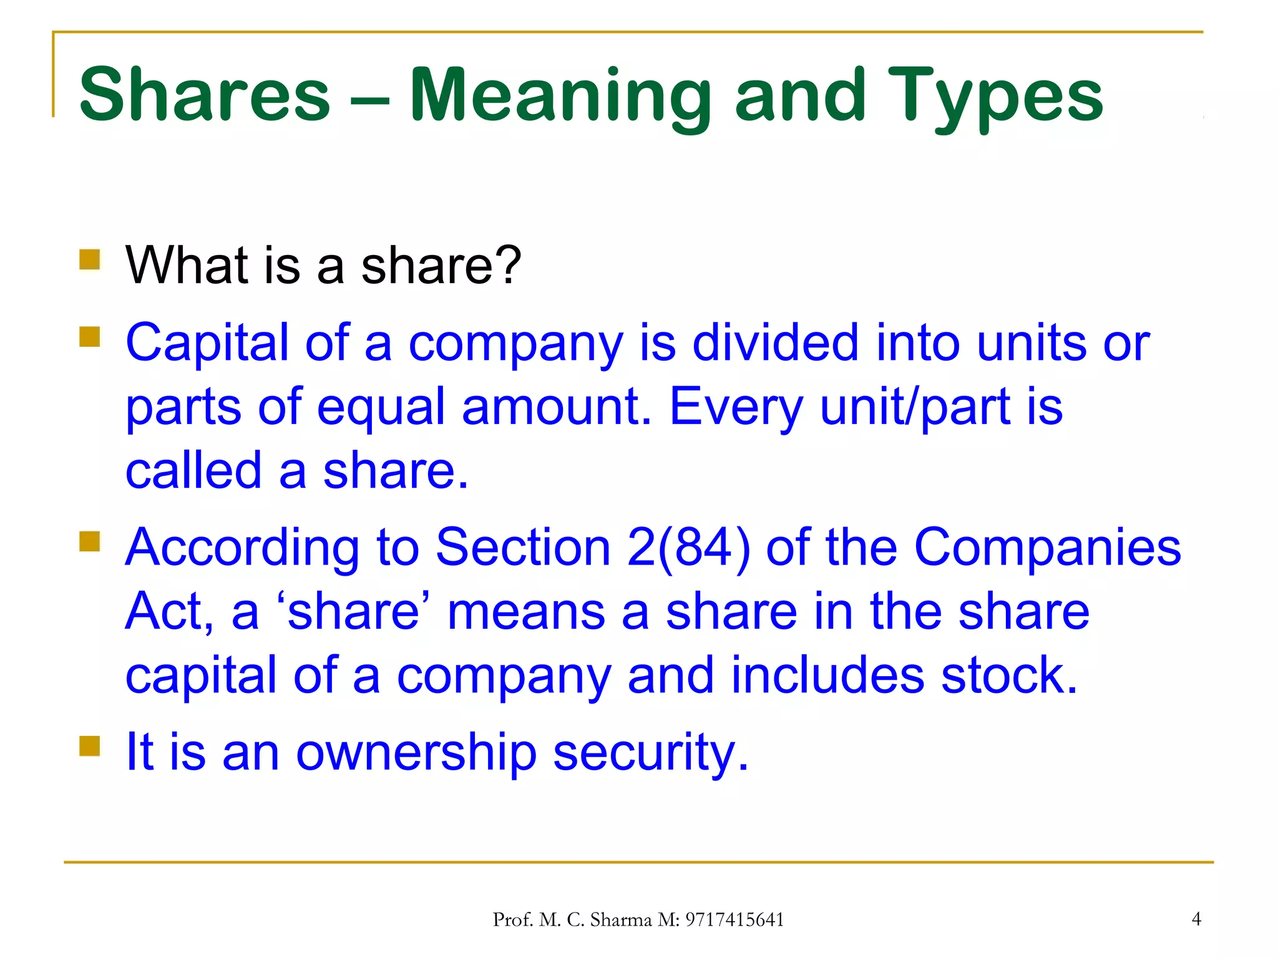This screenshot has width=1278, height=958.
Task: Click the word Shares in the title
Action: click(205, 95)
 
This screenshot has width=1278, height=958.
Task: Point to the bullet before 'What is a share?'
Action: click(90, 259)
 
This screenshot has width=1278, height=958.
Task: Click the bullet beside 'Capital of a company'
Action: click(90, 337)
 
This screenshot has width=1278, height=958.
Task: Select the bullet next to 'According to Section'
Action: click(90, 541)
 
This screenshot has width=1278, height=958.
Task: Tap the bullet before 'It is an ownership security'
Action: click(90, 746)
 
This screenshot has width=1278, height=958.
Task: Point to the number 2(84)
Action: click(688, 548)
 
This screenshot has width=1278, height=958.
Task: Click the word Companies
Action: click(1047, 548)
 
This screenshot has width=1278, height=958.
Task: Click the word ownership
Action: click(416, 752)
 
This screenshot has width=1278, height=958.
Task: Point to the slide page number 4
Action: click(1196, 919)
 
